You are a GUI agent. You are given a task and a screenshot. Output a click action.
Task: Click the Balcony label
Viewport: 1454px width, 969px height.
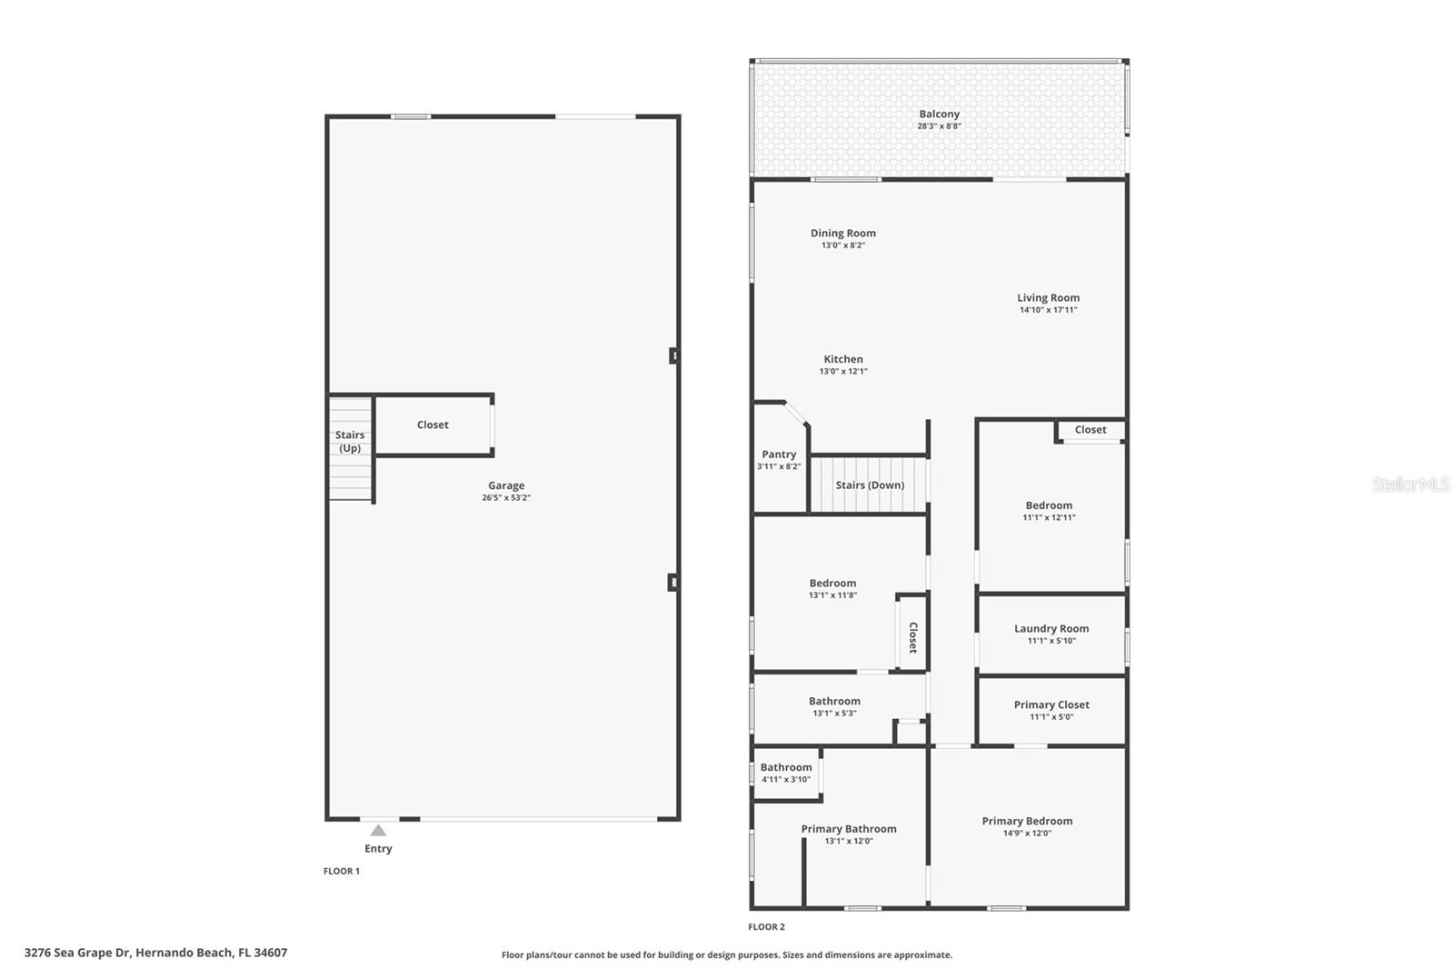click(x=939, y=115)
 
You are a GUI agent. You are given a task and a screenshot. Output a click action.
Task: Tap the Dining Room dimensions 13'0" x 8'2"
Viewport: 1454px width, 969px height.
click(x=842, y=245)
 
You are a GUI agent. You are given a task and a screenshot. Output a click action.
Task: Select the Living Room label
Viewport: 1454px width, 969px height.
click(x=1048, y=297)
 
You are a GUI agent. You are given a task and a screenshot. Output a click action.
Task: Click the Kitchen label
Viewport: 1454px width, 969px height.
click(x=842, y=359)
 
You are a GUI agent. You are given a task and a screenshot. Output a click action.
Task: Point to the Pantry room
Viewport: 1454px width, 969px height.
click(x=779, y=459)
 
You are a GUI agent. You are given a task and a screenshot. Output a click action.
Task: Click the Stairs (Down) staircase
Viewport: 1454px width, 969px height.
click(x=869, y=485)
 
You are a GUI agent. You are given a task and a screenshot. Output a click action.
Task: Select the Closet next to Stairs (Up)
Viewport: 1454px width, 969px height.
click(x=433, y=425)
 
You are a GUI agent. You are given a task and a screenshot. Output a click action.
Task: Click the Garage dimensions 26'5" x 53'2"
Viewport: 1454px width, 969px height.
click(x=506, y=498)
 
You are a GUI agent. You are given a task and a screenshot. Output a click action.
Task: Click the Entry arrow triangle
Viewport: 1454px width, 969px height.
click(x=378, y=830)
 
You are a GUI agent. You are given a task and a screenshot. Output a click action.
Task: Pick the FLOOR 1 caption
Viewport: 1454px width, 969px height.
click(x=342, y=871)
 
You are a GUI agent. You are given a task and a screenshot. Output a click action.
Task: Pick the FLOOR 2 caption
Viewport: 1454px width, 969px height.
click(x=766, y=927)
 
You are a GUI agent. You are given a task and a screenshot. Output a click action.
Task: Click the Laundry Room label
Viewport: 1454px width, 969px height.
click(x=1051, y=628)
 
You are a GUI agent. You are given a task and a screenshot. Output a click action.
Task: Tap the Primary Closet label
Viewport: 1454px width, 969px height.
click(x=1051, y=704)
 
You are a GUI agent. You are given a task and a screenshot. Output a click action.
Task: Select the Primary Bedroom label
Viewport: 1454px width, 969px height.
click(x=1027, y=821)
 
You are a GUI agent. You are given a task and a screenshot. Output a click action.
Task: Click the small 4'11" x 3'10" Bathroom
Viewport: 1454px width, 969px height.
click(x=786, y=773)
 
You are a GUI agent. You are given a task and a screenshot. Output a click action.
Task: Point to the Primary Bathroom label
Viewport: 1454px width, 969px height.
click(x=849, y=829)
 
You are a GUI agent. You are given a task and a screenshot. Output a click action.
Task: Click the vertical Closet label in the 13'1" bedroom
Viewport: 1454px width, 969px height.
click(x=913, y=637)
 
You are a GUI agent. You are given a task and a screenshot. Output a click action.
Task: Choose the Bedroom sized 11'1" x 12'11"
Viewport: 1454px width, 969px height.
click(x=1049, y=511)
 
